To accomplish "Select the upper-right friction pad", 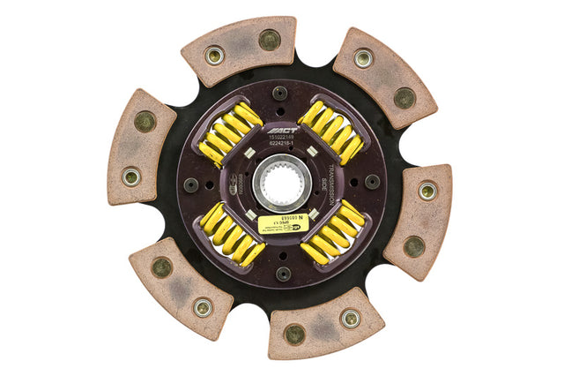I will tap(384, 77).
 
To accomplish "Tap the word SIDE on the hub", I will tap(322, 184).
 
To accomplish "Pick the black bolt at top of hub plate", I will tap(279, 91).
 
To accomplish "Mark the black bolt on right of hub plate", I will tap(373, 182).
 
